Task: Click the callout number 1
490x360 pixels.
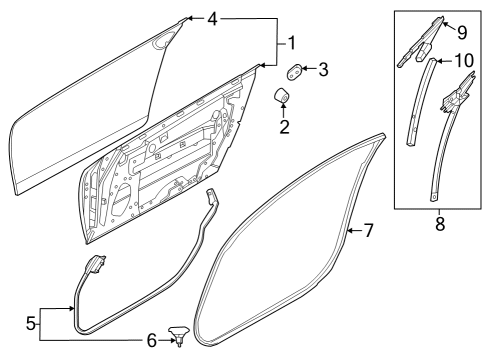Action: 292,44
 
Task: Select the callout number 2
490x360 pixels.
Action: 284,127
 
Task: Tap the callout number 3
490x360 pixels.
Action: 323,70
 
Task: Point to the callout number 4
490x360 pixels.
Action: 211,18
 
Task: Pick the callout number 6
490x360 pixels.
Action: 151,341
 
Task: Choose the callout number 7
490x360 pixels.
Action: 368,231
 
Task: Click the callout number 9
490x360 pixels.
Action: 461,30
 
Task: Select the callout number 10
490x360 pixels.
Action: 463,60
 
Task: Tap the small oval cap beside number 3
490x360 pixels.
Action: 297,70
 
